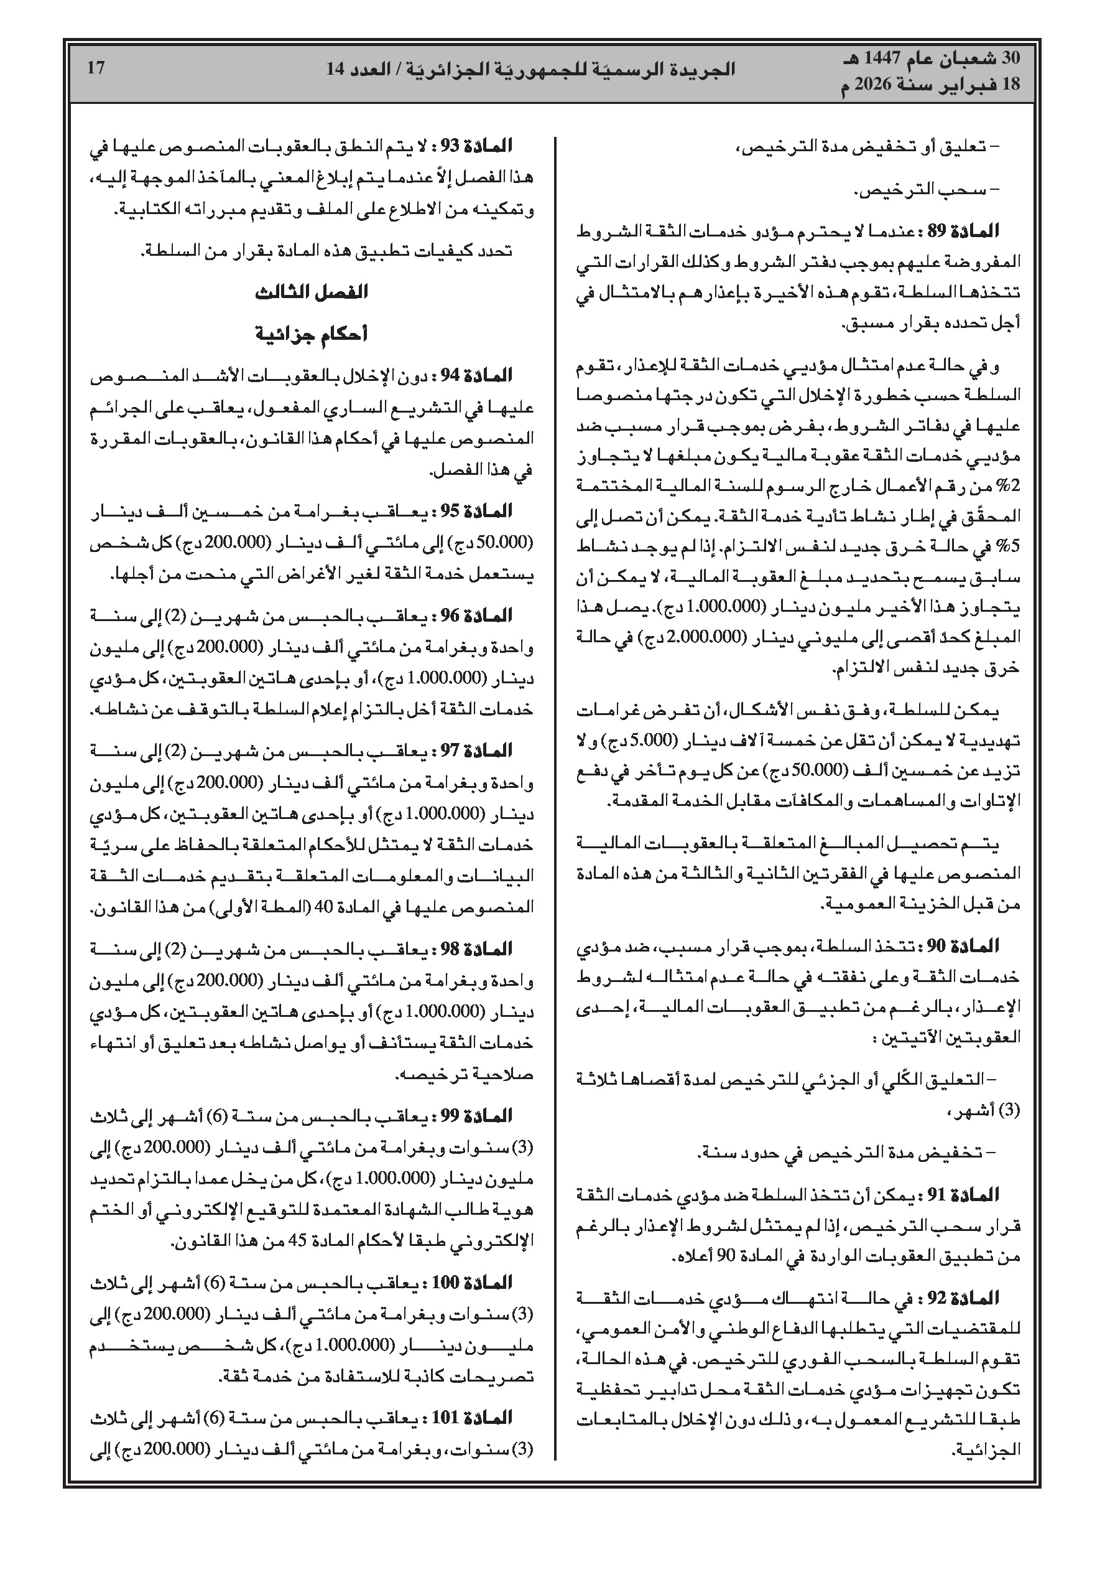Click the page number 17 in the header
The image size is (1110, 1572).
pos(96,68)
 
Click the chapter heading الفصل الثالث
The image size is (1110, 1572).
pos(312,293)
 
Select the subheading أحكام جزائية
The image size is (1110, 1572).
pos(312,334)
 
